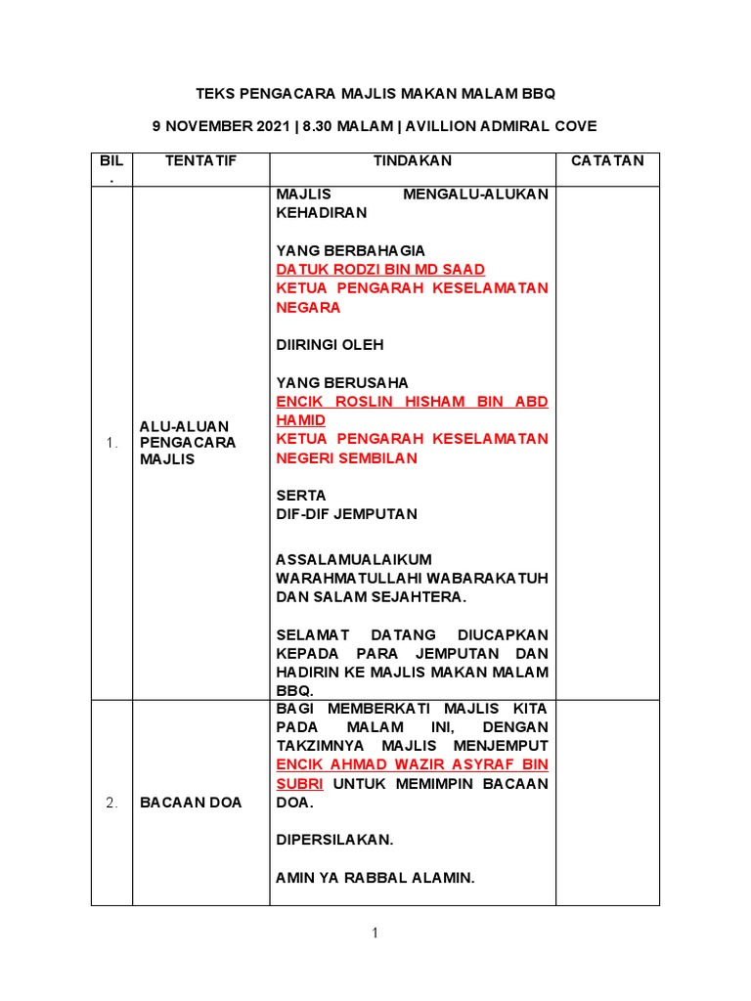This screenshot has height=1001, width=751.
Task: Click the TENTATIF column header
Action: pyautogui.click(x=200, y=160)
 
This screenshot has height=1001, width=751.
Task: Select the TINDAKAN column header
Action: pyautogui.click(x=413, y=160)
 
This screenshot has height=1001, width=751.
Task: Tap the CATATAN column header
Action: pyautogui.click(x=607, y=160)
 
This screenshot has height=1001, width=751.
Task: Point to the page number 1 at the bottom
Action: pyautogui.click(x=375, y=934)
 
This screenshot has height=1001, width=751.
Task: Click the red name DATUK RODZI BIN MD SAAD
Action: pyautogui.click(x=380, y=269)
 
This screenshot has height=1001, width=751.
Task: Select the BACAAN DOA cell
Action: pyautogui.click(x=191, y=803)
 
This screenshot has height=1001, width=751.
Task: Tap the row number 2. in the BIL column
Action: pyautogui.click(x=111, y=803)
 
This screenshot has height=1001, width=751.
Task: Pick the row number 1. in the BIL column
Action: pyautogui.click(x=111, y=443)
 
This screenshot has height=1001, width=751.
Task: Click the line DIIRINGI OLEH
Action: pyautogui.click(x=330, y=344)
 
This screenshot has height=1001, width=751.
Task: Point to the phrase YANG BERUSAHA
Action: pyautogui.click(x=342, y=382)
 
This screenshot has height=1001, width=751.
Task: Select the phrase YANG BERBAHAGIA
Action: pyautogui.click(x=350, y=250)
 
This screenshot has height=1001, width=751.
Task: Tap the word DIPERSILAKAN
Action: pyautogui.click(x=334, y=840)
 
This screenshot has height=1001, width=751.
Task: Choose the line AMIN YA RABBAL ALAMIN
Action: pyautogui.click(x=375, y=878)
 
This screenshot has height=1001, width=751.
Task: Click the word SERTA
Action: pyautogui.click(x=301, y=495)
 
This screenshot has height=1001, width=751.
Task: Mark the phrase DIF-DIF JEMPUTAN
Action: pyautogui.click(x=346, y=513)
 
